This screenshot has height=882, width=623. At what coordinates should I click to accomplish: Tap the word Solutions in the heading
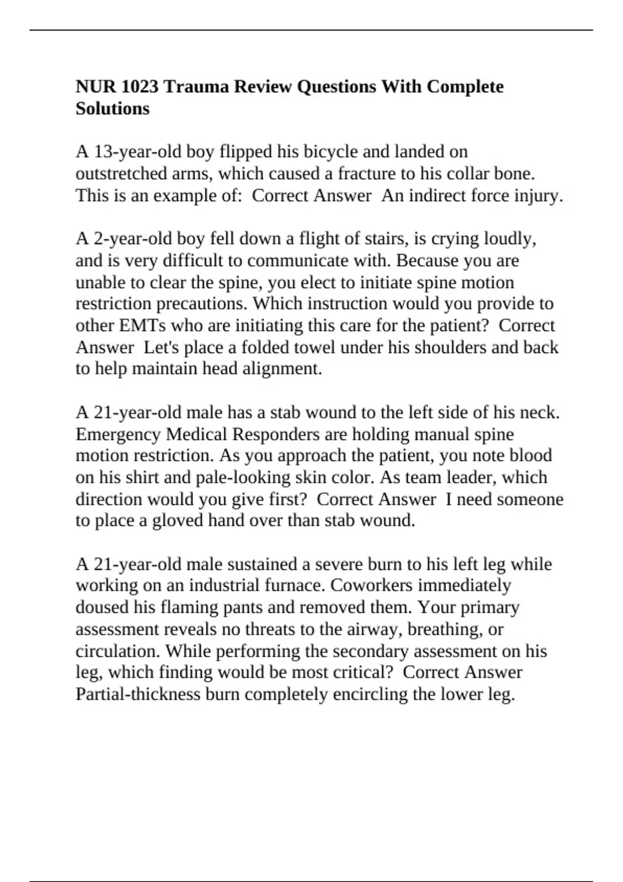(x=112, y=108)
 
